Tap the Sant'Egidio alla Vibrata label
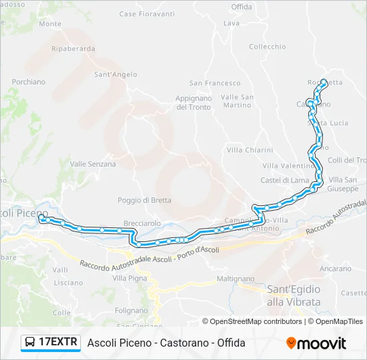tap(294, 295)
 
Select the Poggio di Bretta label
tap(144, 200)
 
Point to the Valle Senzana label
tap(93, 164)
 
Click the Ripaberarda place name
tap(73, 49)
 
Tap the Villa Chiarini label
tap(250, 150)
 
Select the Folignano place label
tap(131, 310)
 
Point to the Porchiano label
tap(29, 82)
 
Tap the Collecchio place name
tap(268, 47)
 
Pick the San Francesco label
tap(215, 83)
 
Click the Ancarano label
tap(336, 269)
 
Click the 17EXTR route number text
tap(59, 343)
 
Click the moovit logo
tap(316, 343)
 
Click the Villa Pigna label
tap(129, 277)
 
